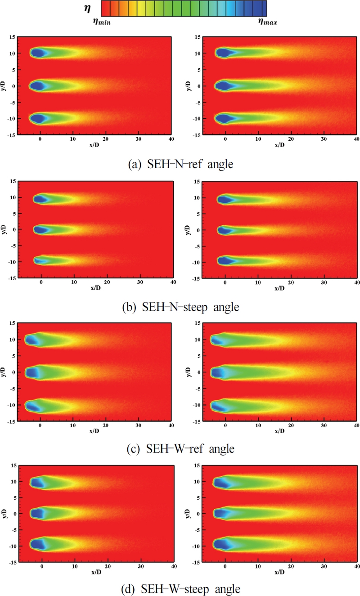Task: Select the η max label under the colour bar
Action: [267, 21]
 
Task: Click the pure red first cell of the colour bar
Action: [105, 8]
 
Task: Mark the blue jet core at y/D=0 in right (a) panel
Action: [223, 85]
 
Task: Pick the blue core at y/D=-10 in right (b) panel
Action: [225, 260]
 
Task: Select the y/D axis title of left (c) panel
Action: [4, 372]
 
